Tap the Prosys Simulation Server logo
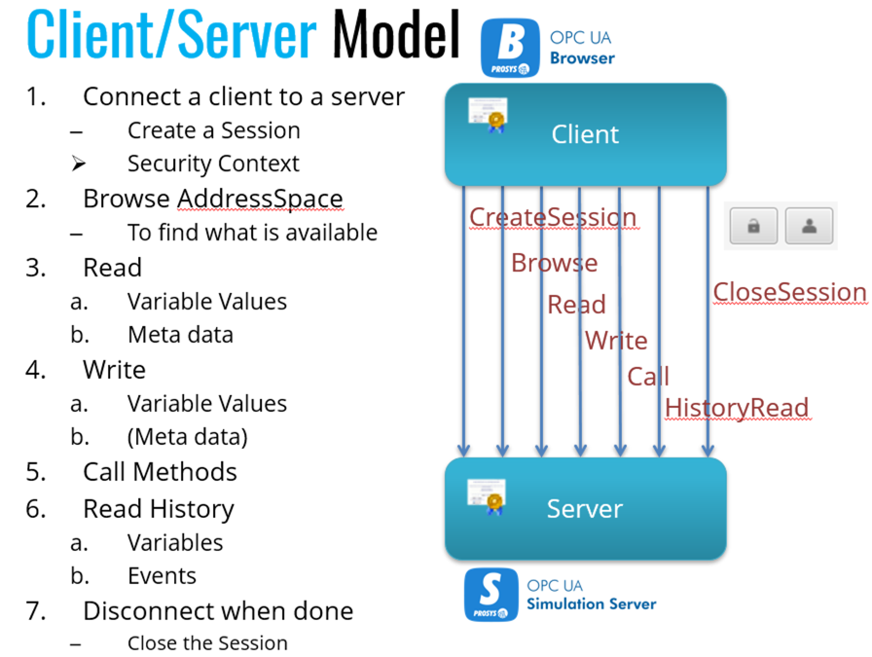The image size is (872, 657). click(x=492, y=595)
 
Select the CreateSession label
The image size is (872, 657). click(x=552, y=217)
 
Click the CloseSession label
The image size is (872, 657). click(x=789, y=292)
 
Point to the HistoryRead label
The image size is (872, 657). click(x=737, y=408)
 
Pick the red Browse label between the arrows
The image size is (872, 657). click(x=554, y=263)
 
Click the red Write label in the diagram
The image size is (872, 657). click(x=615, y=341)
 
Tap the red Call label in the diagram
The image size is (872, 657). click(x=647, y=377)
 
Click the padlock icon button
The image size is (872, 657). click(x=753, y=227)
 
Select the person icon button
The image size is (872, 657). click(x=810, y=227)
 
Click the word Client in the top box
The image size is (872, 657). click(x=585, y=134)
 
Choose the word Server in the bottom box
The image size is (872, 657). click(x=585, y=508)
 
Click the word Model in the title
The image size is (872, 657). click(x=395, y=35)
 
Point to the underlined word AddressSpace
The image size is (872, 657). click(x=260, y=200)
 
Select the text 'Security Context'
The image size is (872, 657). click(x=213, y=164)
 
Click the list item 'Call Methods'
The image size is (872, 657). click(x=160, y=472)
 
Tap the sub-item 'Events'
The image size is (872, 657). click(x=162, y=576)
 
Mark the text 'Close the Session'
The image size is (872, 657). click(x=207, y=643)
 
